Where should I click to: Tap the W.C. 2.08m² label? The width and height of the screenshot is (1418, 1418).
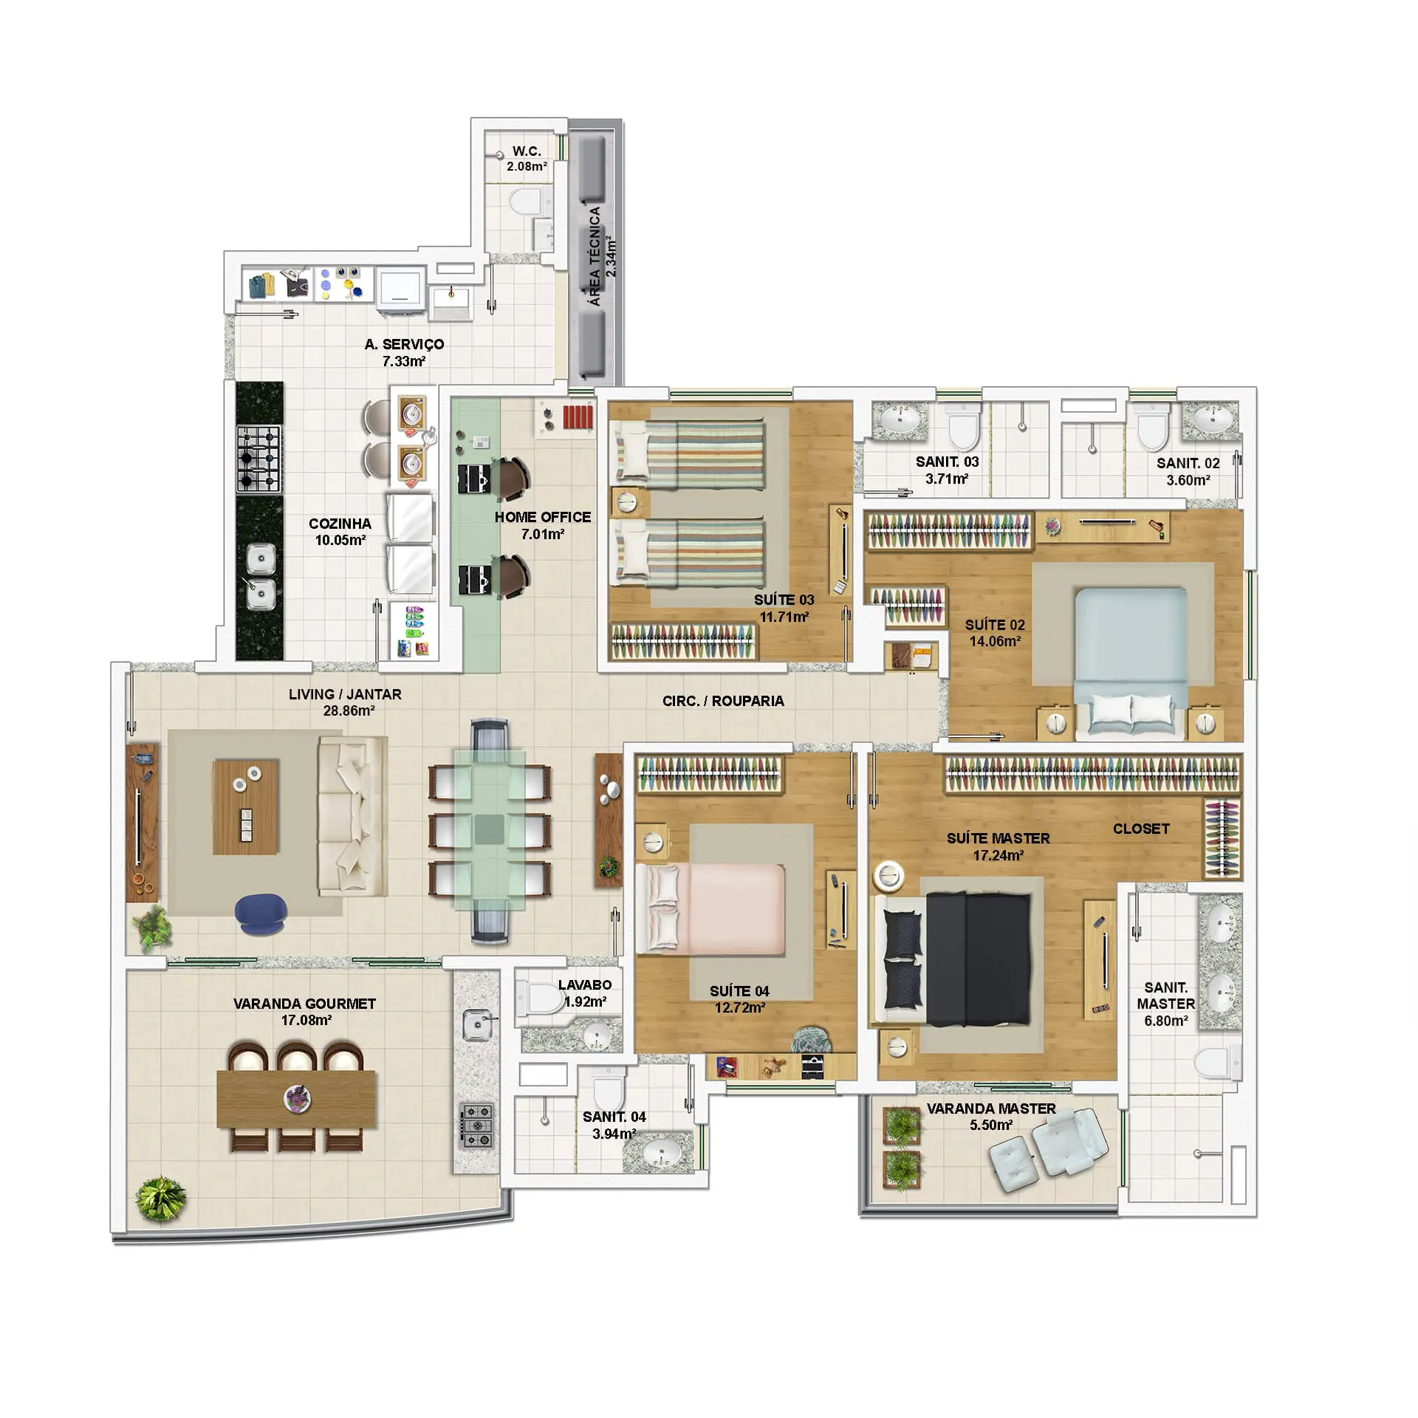click(x=527, y=159)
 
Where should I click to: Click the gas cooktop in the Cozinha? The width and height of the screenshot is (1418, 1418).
click(x=258, y=459)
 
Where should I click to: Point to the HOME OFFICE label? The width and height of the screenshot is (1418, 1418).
click(x=543, y=517)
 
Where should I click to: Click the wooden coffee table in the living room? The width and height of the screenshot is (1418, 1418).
click(x=246, y=807)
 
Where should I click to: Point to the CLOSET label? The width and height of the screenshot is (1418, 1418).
click(x=1141, y=829)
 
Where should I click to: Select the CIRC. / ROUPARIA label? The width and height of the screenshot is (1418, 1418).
click(x=723, y=701)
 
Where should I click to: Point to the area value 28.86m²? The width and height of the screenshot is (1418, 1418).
click(x=349, y=711)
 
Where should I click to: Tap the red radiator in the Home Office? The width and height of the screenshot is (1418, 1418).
click(x=578, y=417)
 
